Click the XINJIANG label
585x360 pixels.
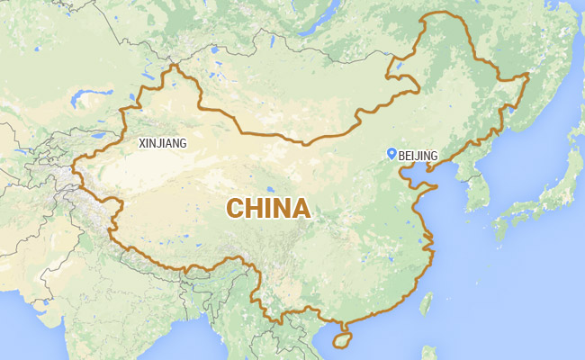163,142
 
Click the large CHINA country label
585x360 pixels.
268,209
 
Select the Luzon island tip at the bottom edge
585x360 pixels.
433,355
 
